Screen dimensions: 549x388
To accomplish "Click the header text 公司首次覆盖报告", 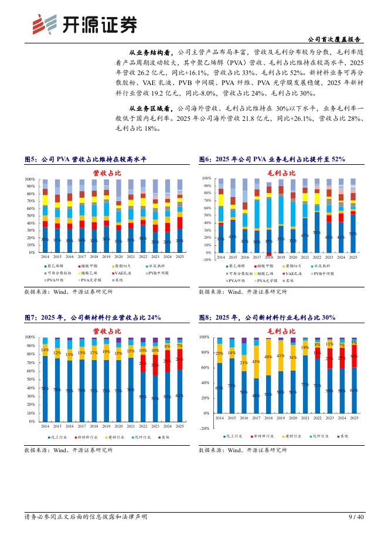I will [x=333, y=39].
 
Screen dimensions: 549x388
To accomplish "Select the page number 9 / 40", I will [x=356, y=517].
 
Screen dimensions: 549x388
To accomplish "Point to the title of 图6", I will [x=272, y=160].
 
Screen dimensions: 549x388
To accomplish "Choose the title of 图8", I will [x=267, y=317].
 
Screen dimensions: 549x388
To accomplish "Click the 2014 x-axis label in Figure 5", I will [x=45, y=257].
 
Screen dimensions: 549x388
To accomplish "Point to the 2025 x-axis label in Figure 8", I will [x=353, y=418].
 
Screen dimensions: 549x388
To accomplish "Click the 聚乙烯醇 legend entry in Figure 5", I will [x=57, y=266].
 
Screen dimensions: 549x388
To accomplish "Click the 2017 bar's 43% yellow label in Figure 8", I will [x=256, y=361].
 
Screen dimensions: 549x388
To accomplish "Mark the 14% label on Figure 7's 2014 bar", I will [x=45, y=350].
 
